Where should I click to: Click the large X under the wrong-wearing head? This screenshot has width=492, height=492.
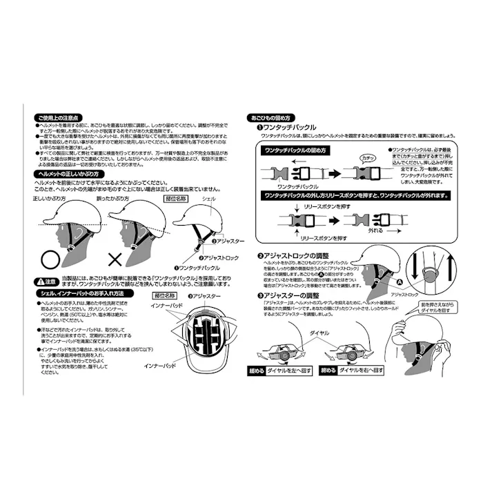pyautogui.click(x=113, y=260)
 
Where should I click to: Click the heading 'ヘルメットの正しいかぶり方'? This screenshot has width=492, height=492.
pyautogui.click(x=69, y=175)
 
